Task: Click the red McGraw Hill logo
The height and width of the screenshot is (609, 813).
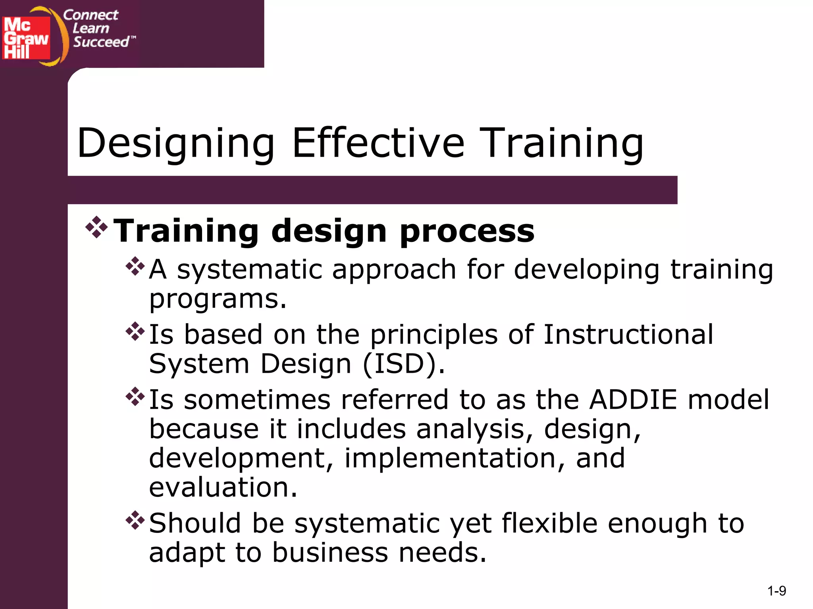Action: click(x=26, y=38)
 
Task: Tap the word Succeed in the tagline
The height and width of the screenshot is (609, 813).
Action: click(x=102, y=42)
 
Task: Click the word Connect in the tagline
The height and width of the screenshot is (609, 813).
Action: click(x=91, y=15)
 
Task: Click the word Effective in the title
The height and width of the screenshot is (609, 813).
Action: click(x=378, y=143)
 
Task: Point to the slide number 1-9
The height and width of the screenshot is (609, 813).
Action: click(x=776, y=591)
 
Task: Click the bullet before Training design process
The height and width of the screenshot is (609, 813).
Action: click(x=96, y=227)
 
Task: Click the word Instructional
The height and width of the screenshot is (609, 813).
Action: click(x=628, y=334)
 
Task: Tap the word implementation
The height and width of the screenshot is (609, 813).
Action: click(x=450, y=458)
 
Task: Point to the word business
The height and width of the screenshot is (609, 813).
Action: click(x=330, y=553)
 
